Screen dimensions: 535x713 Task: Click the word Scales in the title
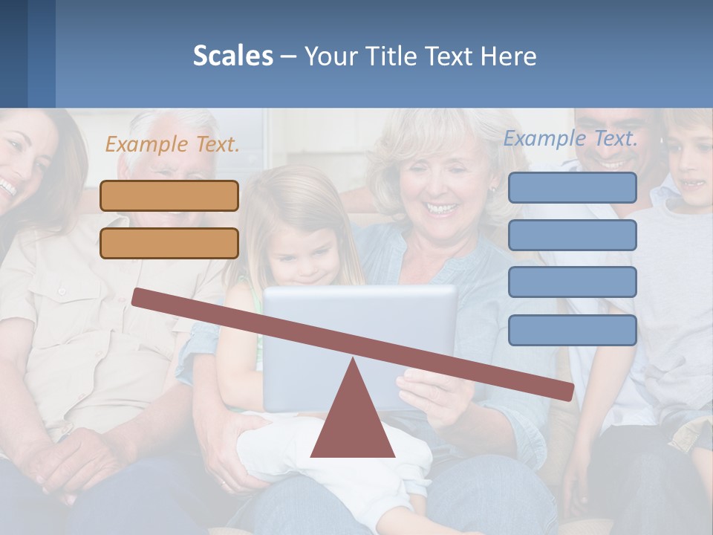coord(232,56)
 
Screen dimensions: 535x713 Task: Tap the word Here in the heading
coord(508,56)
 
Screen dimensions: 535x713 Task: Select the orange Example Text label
coord(172,144)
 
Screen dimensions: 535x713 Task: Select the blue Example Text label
coord(570,138)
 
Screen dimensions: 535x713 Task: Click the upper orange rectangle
coord(169,196)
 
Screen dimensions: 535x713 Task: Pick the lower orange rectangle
coord(169,243)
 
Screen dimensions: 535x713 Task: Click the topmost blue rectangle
coord(572,187)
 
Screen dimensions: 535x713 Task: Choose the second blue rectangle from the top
coord(572,235)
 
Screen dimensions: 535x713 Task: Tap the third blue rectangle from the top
coord(572,282)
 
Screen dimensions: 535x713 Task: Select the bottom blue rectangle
coord(572,330)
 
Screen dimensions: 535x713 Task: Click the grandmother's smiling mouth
coord(442,209)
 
